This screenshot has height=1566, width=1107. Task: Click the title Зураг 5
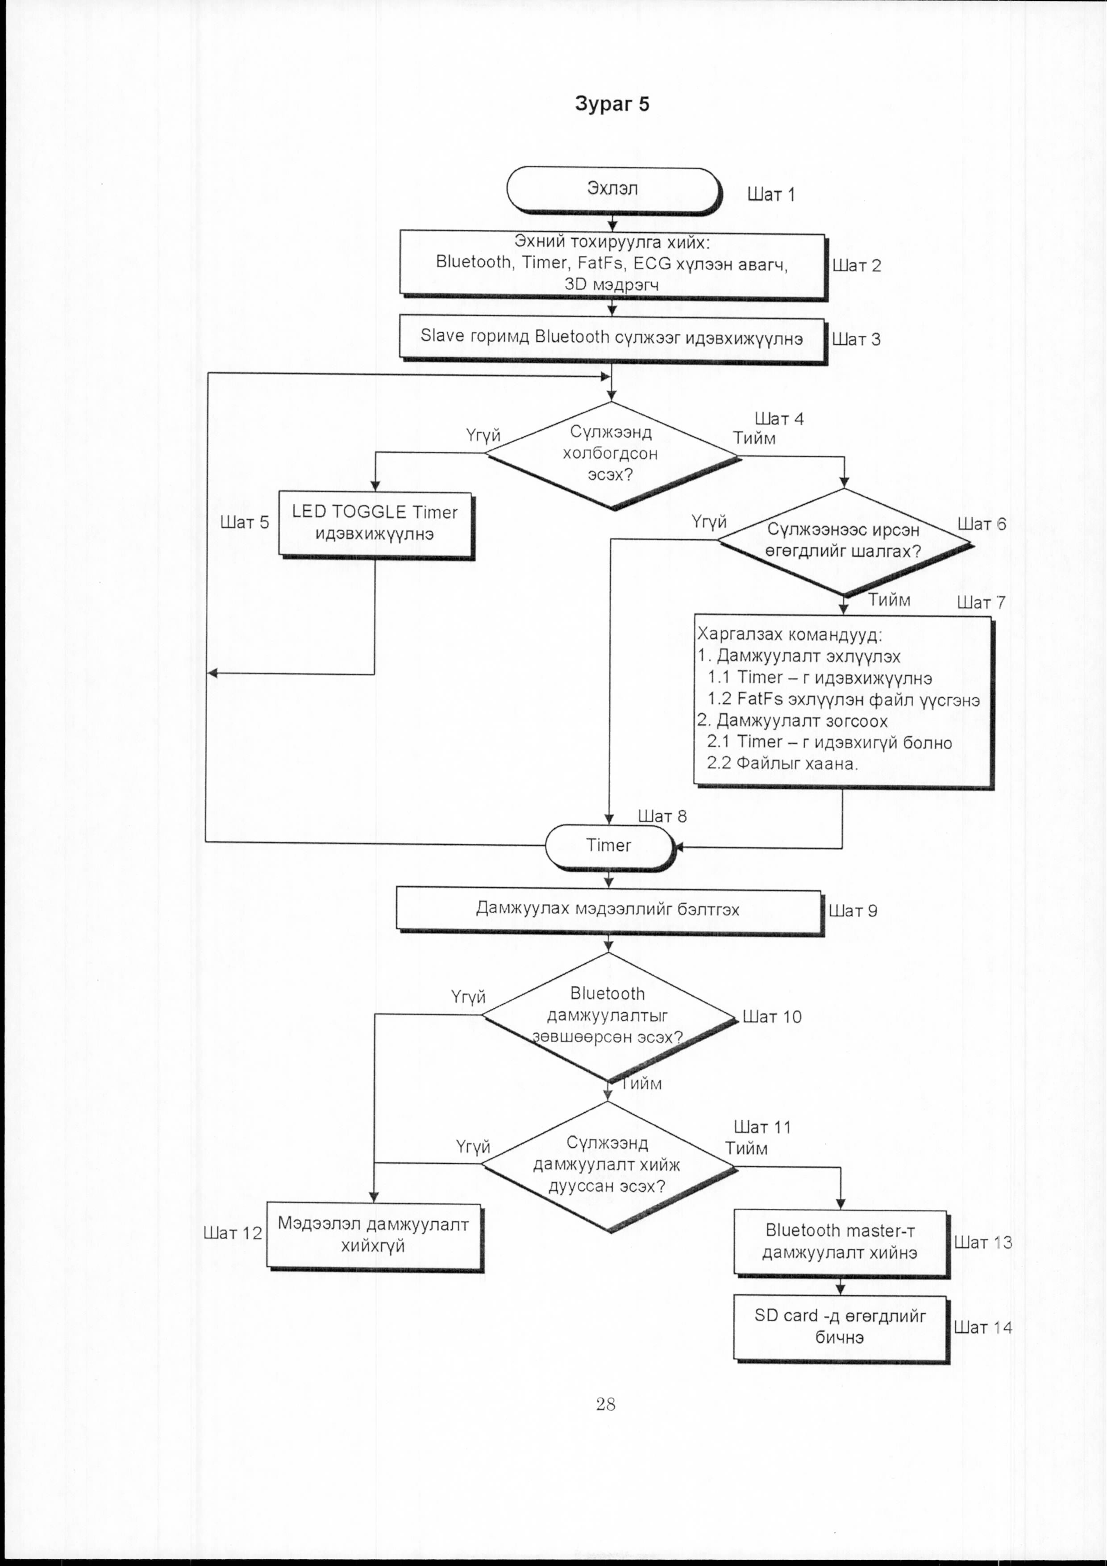click(612, 104)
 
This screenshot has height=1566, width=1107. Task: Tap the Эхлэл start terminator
click(613, 190)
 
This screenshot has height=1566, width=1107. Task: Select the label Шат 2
click(857, 265)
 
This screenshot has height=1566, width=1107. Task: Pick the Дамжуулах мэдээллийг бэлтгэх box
click(609, 910)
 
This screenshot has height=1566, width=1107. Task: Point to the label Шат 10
click(772, 1016)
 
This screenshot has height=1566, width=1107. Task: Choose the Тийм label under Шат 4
click(754, 438)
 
